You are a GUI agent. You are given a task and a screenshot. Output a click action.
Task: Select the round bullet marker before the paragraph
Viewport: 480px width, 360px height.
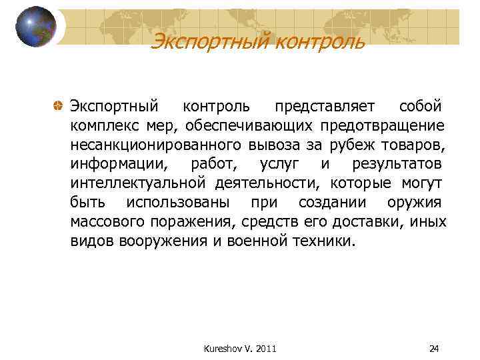pos(59,107)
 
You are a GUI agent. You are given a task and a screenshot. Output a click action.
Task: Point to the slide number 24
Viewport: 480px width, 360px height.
pos(435,348)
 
